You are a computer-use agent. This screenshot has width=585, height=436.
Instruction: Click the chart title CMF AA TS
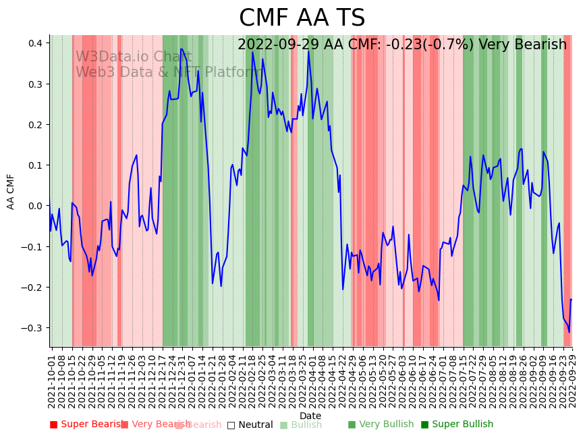tap(302, 18)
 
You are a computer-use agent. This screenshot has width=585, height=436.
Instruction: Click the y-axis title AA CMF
tap(11, 191)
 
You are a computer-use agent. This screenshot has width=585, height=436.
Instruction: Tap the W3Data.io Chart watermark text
tap(134, 57)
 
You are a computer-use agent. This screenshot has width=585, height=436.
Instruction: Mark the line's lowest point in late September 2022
tap(569, 332)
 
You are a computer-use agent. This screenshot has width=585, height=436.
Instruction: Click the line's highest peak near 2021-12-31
tap(181, 49)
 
